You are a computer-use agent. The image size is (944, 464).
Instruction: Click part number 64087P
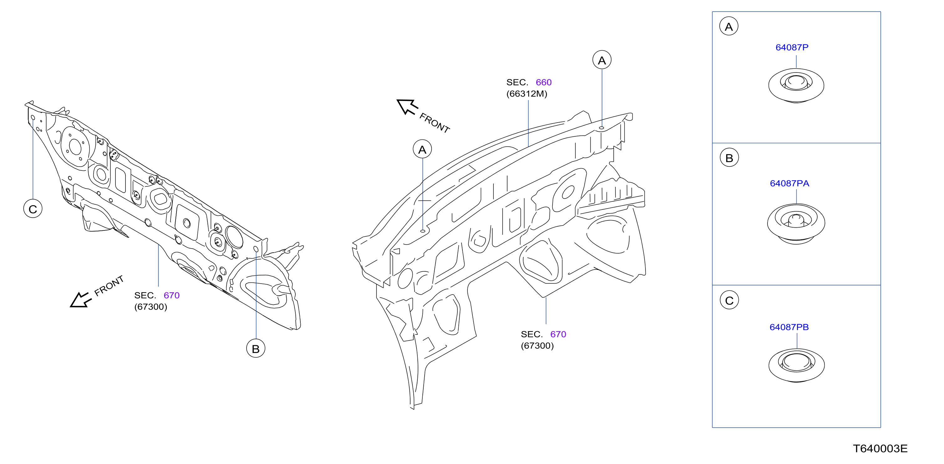coord(792,47)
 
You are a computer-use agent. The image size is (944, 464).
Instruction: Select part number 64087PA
coord(789,183)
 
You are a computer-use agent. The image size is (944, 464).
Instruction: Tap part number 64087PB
coord(789,327)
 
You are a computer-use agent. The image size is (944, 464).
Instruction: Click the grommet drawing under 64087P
coord(796,85)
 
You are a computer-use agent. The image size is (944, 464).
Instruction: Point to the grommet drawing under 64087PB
coord(796,365)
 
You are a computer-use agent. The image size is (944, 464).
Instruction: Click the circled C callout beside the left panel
coord(33,209)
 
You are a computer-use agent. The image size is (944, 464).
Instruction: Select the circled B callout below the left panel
coord(255,349)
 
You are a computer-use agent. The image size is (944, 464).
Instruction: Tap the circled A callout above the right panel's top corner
coord(602,60)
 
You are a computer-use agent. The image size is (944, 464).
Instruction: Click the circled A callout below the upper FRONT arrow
coord(422,149)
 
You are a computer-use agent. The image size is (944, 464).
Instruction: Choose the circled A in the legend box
coord(729,26)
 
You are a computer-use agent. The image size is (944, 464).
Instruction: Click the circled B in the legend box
coord(729,158)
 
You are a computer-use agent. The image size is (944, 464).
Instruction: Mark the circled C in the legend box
coord(729,300)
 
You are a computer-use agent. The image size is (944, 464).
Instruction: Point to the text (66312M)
coord(527,94)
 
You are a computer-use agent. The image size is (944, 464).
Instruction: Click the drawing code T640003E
coord(880,449)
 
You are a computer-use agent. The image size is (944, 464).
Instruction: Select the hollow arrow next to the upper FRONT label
coord(407,107)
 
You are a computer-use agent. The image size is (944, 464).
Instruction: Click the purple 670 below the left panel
coord(171,295)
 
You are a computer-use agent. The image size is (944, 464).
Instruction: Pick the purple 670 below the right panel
coord(558,334)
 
